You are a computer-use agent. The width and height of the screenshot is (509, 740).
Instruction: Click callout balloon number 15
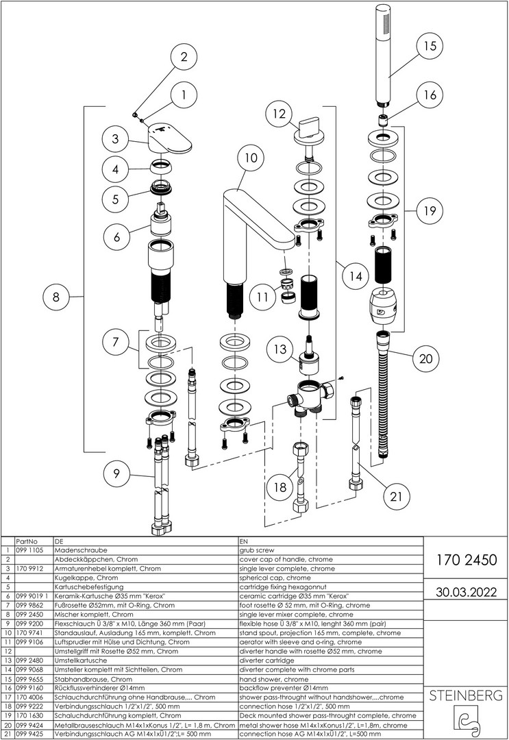(x=430, y=46)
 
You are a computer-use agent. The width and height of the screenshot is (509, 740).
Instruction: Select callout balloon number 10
(x=251, y=158)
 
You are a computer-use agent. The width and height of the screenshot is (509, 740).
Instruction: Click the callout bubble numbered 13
(x=280, y=349)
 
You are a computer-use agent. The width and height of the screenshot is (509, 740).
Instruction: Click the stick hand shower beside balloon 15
(x=384, y=55)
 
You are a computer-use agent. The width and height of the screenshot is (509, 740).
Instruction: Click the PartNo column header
(x=26, y=541)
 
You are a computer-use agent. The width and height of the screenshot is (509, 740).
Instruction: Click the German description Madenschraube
(x=81, y=550)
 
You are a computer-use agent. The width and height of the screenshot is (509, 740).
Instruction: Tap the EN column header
(x=244, y=541)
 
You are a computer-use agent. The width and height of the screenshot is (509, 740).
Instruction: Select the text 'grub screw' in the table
(x=256, y=550)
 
